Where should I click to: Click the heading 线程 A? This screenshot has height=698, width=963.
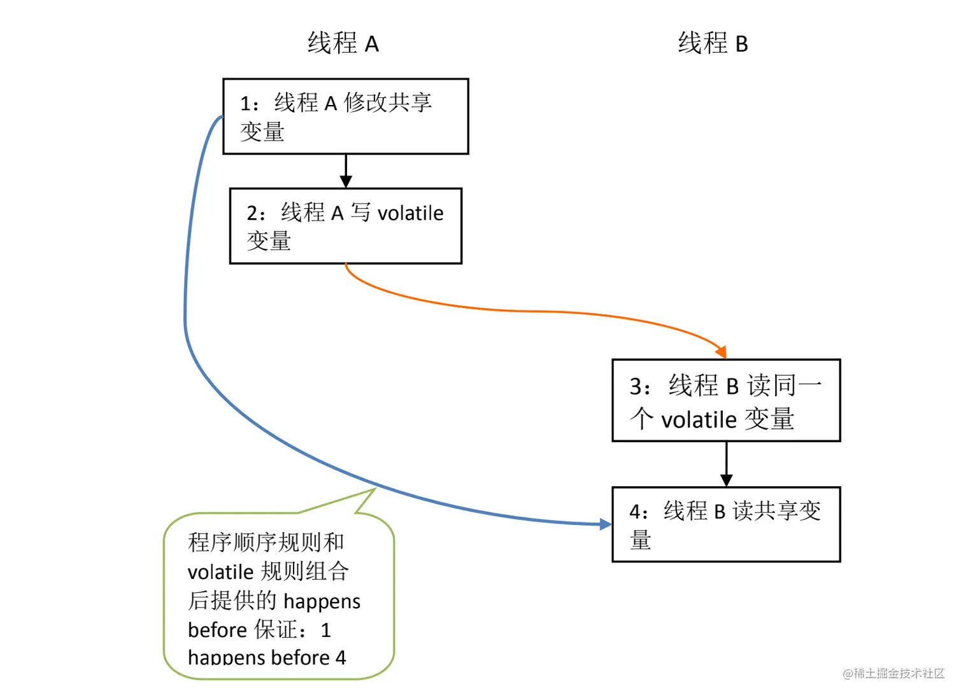pos(343,43)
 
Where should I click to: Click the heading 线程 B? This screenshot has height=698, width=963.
pos(713,43)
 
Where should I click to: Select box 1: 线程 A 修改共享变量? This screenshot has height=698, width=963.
pos(346,116)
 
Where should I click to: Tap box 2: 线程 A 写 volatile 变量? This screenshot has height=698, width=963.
pos(346,226)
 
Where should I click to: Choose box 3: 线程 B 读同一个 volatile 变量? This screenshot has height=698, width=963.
pos(726,400)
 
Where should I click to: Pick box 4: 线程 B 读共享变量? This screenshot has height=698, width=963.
pos(726,524)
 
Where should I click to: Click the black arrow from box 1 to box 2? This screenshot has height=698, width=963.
pos(346,171)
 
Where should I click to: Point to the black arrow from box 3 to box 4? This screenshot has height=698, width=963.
pos(726,464)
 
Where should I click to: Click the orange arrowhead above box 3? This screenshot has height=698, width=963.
pos(722,352)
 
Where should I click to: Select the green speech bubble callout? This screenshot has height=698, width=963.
pos(278,596)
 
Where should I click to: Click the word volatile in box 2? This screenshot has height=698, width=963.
pos(410,213)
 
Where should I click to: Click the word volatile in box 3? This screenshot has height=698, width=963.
pos(699,420)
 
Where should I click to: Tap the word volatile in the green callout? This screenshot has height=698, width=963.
pos(220,572)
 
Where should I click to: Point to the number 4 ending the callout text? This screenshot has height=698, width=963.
pos(341,658)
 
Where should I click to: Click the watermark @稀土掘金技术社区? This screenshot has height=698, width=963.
pos(894,674)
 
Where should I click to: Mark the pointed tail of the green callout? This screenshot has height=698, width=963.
pos(376,489)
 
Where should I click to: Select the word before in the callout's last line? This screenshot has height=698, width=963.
pos(301,658)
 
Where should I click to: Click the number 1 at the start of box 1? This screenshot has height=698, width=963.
pos(245,104)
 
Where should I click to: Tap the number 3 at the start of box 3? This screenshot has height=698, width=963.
pos(636,386)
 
